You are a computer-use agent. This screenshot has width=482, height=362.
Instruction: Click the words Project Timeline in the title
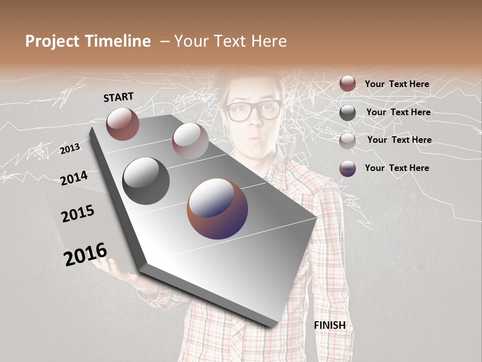88,41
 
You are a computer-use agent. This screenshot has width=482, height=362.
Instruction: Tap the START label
118,97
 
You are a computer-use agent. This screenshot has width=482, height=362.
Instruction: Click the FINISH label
330,325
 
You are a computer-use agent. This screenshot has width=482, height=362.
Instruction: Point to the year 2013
70,149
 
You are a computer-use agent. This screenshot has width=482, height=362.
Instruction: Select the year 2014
74,178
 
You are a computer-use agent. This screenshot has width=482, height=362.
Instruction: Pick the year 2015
78,214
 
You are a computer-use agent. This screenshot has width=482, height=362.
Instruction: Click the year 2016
85,254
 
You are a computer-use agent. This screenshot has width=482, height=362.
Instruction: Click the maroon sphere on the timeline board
123,124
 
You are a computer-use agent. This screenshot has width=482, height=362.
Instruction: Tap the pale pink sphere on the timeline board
190,140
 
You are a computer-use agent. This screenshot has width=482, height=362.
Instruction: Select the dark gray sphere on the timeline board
146,180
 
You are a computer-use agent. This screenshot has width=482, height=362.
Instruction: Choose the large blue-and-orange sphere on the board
217,208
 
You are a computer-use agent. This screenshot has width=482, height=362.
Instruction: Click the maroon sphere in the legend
347,83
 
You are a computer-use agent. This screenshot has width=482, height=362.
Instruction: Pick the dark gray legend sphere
347,113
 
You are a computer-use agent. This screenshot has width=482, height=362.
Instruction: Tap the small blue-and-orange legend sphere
347,168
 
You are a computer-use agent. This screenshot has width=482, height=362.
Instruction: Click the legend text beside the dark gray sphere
398,112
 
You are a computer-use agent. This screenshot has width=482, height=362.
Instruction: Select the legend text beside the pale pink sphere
399,140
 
